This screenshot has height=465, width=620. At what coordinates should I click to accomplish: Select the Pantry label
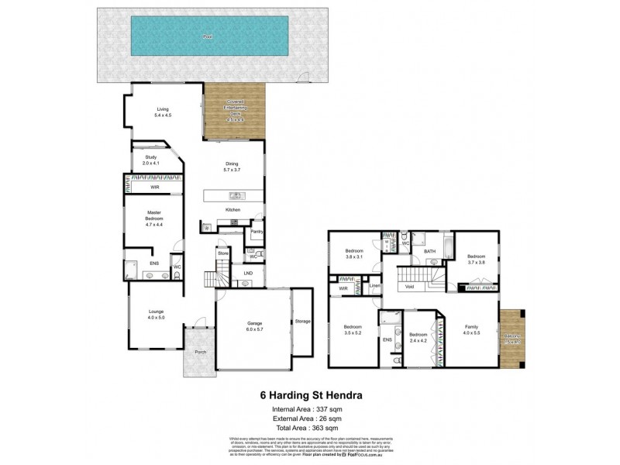[257, 231]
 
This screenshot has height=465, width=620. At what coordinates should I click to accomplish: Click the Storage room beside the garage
[302, 322]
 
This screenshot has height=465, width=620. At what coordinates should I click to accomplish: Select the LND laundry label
[248, 273]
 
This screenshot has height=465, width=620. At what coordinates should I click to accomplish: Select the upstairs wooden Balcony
[513, 339]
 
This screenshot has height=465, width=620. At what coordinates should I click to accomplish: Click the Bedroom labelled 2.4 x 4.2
[420, 337]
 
